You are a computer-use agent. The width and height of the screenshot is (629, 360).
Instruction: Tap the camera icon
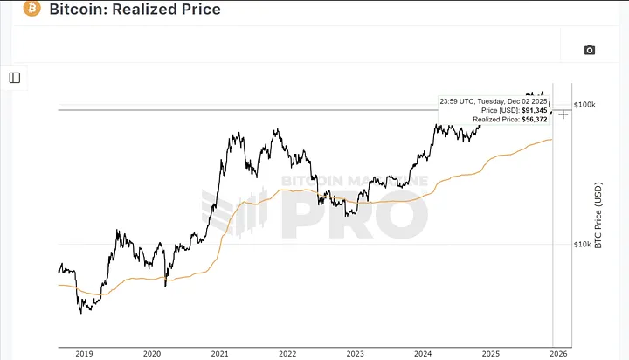click(x=590, y=50)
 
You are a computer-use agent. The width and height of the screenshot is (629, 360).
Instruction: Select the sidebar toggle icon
click(x=15, y=78)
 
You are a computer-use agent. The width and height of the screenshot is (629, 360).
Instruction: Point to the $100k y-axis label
click(x=584, y=105)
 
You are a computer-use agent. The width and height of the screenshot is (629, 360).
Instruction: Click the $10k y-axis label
click(x=582, y=244)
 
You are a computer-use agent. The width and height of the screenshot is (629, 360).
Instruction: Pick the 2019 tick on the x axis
click(x=84, y=353)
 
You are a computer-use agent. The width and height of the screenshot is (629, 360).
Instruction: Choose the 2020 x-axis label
click(x=152, y=353)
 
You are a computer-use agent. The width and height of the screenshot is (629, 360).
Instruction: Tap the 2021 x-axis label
click(x=219, y=353)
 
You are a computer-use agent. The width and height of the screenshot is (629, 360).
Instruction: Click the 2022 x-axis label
click(x=287, y=353)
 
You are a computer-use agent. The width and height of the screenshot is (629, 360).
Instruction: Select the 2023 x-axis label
click(x=355, y=353)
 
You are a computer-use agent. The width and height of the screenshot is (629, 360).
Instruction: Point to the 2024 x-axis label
click(x=423, y=353)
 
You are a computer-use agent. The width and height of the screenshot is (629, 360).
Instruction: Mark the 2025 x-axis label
click(x=490, y=353)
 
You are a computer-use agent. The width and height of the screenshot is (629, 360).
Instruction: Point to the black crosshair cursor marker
click(x=563, y=114)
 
